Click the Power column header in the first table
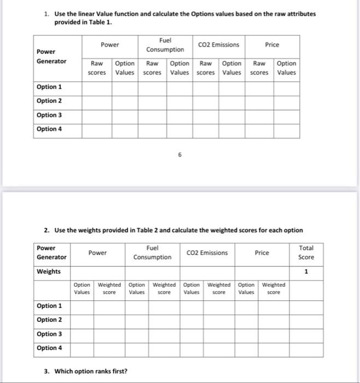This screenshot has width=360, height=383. [110, 45]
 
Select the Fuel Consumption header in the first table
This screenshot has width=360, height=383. [165, 45]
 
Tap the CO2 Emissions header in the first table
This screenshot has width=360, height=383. [219, 45]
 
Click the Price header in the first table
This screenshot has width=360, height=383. [272, 45]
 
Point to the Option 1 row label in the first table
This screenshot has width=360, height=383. [49, 87]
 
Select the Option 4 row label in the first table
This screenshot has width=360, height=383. [49, 129]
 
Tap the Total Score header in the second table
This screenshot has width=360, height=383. [306, 252]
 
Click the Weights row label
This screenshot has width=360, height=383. [49, 272]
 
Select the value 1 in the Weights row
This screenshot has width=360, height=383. [306, 272]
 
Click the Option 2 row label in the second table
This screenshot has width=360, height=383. [49, 320]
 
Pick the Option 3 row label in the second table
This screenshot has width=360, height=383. [49, 334]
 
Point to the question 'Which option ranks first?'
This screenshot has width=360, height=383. [85, 372]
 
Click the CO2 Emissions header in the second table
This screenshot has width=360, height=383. [207, 253]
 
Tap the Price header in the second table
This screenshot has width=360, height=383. [262, 253]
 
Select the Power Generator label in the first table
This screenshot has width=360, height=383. [51, 56]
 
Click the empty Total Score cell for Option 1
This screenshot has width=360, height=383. [306, 306]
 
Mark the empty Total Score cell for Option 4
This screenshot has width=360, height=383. [306, 348]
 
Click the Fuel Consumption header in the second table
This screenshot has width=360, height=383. [153, 253]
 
